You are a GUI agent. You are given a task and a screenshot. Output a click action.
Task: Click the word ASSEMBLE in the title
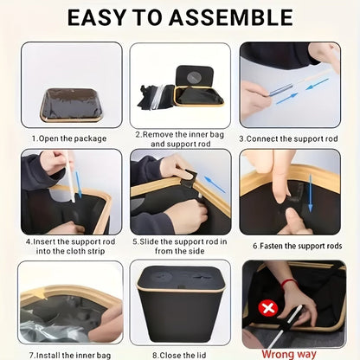(231, 17)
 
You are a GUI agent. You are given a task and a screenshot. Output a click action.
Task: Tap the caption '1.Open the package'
(69, 138)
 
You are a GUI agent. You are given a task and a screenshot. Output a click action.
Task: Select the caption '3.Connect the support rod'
(288, 138)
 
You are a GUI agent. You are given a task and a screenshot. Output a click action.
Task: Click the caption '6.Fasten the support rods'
(298, 246)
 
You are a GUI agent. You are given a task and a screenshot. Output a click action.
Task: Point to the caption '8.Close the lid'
(179, 355)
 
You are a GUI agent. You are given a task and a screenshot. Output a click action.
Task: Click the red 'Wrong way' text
(289, 354)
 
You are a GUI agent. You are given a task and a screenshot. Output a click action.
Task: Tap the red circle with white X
(268, 308)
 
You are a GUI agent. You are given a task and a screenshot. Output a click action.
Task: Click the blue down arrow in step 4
(78, 184)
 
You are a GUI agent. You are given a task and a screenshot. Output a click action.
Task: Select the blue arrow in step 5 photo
(215, 184)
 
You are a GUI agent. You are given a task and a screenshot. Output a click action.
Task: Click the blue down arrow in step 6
(311, 193)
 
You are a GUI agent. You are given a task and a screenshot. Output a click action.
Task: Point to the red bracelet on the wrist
(288, 282)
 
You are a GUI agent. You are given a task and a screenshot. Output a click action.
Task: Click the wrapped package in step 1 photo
(72, 105)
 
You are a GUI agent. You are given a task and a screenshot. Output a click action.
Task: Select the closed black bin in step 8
(180, 304)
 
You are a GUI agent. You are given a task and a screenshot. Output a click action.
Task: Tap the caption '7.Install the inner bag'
(70, 355)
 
